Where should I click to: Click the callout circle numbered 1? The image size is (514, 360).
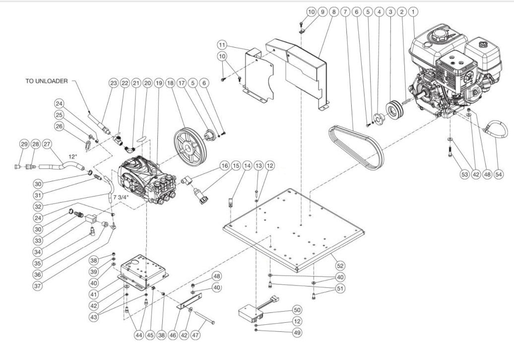pyautogui.click(x=414, y=10)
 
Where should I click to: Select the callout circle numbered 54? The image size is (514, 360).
pyautogui.click(x=499, y=175)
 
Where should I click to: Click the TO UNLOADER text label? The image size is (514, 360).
pyautogui.click(x=45, y=81)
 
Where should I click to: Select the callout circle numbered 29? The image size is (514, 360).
pyautogui.click(x=24, y=144)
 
